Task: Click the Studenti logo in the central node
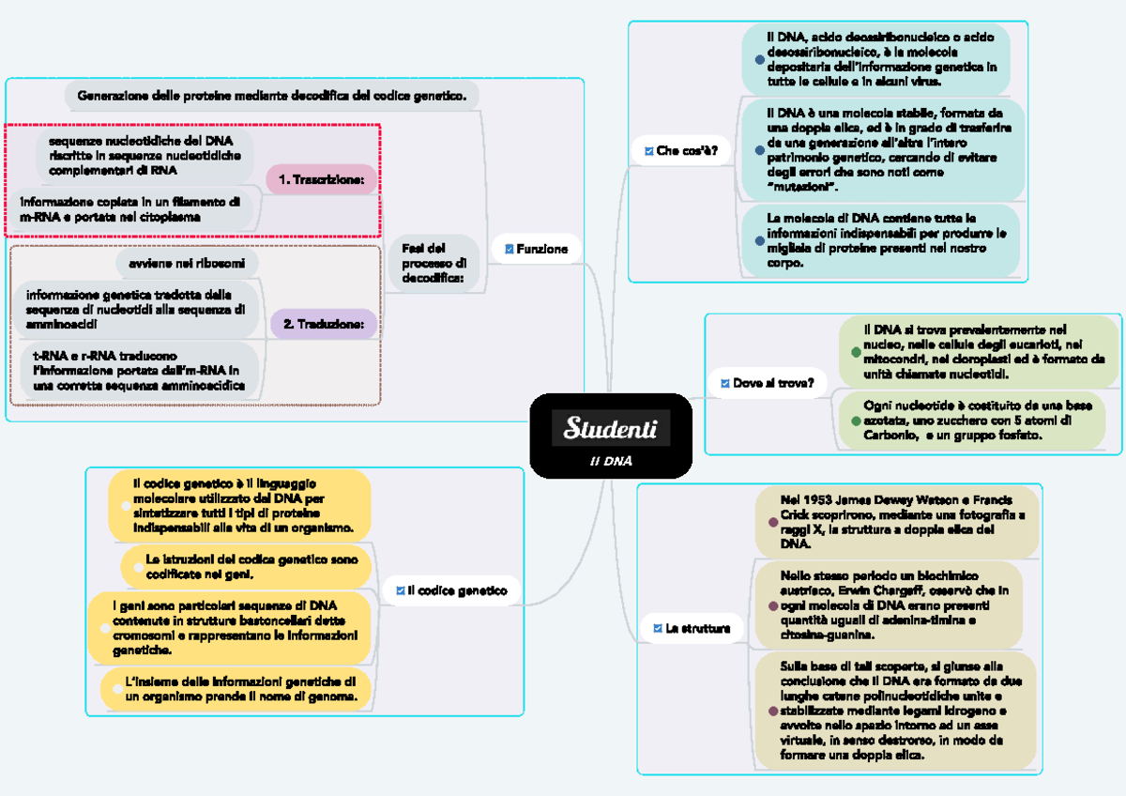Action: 610,429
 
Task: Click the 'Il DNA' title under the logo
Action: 611,461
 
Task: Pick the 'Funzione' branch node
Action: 536,249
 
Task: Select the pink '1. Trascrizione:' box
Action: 322,179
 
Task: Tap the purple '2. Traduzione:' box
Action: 324,324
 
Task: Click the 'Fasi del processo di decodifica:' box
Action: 434,263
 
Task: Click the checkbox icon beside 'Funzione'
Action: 510,249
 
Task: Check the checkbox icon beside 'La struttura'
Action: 658,628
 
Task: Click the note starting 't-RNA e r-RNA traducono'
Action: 139,371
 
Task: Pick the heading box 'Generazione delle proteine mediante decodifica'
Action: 271,96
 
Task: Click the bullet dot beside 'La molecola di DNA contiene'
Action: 759,240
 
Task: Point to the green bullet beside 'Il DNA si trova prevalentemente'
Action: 855,352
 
